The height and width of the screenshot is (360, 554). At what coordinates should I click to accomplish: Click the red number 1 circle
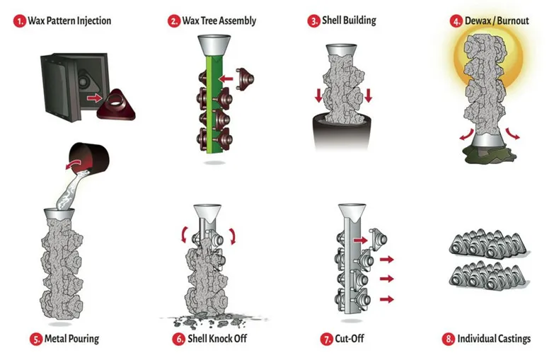(19, 21)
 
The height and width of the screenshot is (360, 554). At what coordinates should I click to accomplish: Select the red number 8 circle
(447, 339)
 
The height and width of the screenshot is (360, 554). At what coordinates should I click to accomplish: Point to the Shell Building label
(354, 21)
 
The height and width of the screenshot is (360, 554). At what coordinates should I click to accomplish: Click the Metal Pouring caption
(71, 339)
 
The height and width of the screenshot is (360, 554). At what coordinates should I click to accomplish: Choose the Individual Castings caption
(494, 339)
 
